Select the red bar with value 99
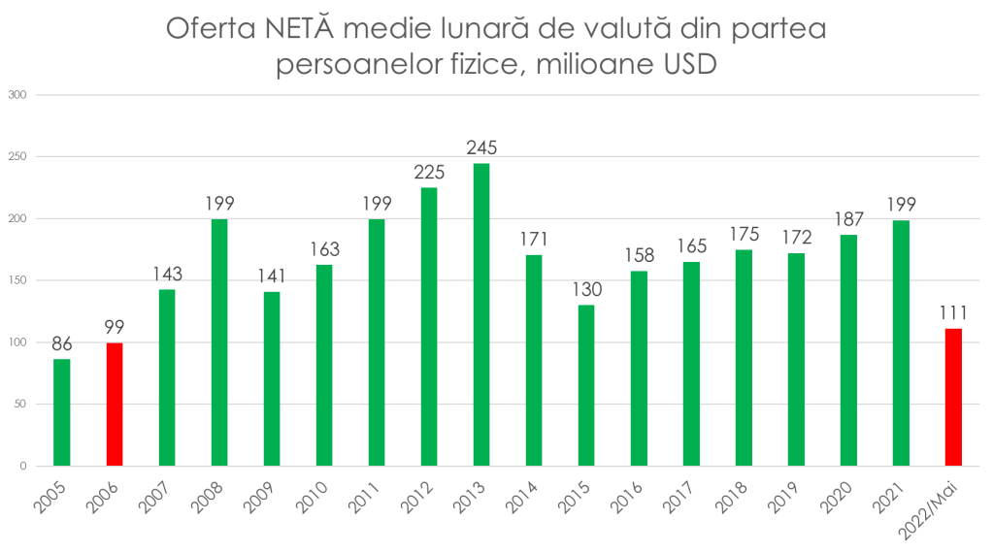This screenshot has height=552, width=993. [x=115, y=404]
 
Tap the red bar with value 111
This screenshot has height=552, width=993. [x=953, y=396]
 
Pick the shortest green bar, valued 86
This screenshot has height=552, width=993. [x=62, y=411]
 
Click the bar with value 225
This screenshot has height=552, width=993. [x=429, y=326]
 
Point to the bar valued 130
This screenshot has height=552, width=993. [x=586, y=384]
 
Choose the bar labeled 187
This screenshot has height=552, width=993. [x=848, y=349]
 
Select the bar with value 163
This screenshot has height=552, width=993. [x=324, y=364]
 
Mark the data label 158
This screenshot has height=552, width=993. [x=639, y=254]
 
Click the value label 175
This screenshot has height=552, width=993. [x=744, y=233]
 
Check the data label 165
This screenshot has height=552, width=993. [x=691, y=244]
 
